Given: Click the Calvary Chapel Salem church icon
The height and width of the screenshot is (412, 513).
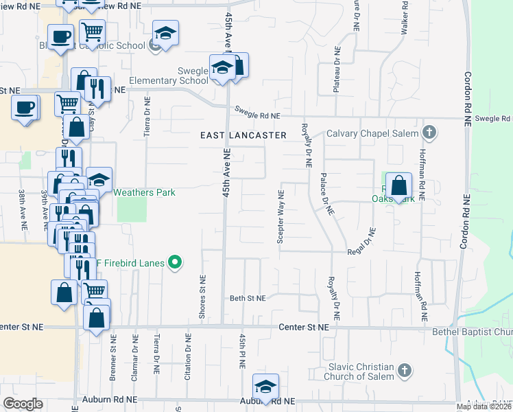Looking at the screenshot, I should point(429,132).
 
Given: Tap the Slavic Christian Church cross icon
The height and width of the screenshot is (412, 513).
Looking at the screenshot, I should point(405,371).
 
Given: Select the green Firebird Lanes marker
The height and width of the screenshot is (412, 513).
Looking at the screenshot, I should point(175,261).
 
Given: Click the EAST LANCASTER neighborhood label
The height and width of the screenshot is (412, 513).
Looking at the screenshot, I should point(243,136).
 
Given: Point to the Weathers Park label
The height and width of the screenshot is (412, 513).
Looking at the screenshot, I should point(144,192).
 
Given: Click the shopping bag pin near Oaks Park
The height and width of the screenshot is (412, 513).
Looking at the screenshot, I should point(398,186).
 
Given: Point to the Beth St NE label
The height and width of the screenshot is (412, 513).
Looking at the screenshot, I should point(247,298).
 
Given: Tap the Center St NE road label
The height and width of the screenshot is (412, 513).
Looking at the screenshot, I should point(304,328).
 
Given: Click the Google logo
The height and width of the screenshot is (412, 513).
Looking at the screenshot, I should point(23,404).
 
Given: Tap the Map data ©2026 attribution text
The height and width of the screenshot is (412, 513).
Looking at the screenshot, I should point(483,407).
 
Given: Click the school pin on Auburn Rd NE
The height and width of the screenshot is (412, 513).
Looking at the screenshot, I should point(265,387).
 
